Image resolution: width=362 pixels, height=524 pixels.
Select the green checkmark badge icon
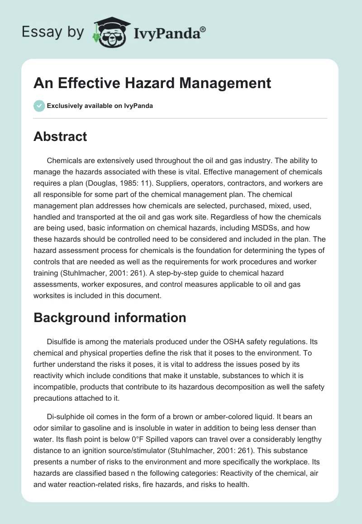click(x=39, y=106)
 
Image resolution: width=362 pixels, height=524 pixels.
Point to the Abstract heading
click(x=60, y=136)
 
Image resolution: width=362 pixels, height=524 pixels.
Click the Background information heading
click(x=110, y=318)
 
